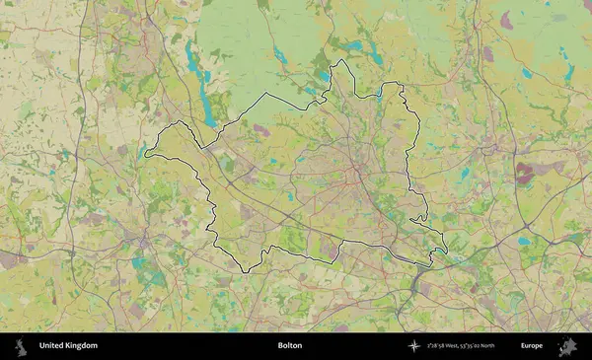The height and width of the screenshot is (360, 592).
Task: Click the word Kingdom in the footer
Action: tap(81, 346)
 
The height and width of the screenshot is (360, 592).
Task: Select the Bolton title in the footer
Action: tap(290, 346)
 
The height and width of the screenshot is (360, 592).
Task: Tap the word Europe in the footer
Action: tap(532, 346)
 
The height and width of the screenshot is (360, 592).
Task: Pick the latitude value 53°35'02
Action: tap(470, 346)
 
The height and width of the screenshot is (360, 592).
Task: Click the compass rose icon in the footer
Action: tap(415, 346)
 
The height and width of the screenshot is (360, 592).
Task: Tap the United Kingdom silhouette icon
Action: tap(20, 346)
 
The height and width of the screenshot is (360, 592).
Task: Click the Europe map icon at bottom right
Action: tap(567, 346)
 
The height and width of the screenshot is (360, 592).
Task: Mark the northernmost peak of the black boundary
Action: tap(341, 60)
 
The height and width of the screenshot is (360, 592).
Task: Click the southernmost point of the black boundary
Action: tap(243, 273)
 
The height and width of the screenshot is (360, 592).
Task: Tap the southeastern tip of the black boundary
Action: tap(446, 252)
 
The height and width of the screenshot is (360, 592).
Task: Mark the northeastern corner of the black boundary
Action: tap(403, 86)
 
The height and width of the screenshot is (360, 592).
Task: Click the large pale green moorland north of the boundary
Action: tap(247, 39)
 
